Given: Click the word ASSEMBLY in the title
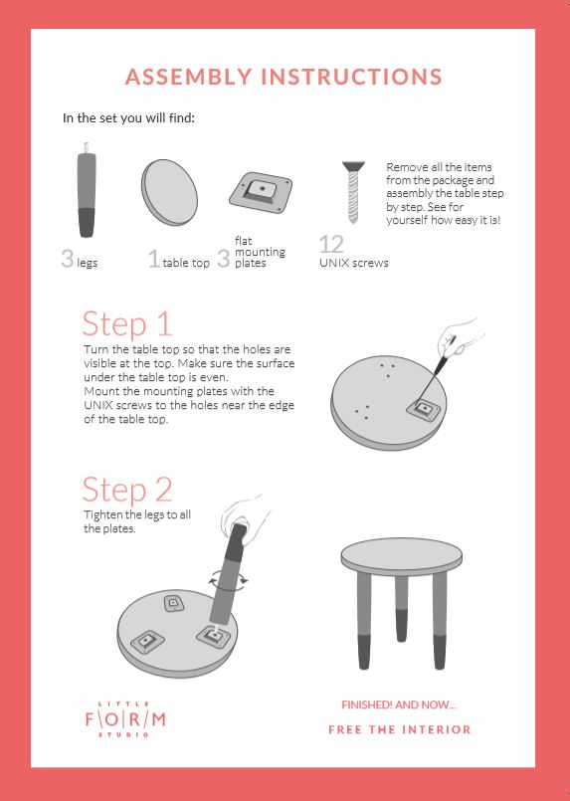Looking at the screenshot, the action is (188, 77).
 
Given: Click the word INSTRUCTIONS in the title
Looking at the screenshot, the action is (351, 77).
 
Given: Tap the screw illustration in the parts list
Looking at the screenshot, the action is (353, 192).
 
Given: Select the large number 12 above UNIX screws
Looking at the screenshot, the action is (331, 244).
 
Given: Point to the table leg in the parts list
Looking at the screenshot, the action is (86, 190).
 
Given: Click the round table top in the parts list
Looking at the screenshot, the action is (169, 192).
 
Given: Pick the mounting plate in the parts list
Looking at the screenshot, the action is (261, 193).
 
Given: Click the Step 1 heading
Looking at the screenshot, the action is (126, 324).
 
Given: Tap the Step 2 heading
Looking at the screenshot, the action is (127, 490).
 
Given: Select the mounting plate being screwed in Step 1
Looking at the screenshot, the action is (424, 409).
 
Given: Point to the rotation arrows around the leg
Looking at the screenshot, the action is (229, 580).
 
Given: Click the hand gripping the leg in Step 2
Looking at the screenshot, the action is (245, 517).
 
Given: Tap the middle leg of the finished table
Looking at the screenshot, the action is (402, 608).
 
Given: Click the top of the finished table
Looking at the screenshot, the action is (402, 557).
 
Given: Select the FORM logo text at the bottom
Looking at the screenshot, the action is (125, 719).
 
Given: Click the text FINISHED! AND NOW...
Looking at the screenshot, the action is (398, 704).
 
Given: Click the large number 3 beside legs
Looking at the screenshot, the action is (67, 258).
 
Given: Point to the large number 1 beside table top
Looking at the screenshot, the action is (154, 258).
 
